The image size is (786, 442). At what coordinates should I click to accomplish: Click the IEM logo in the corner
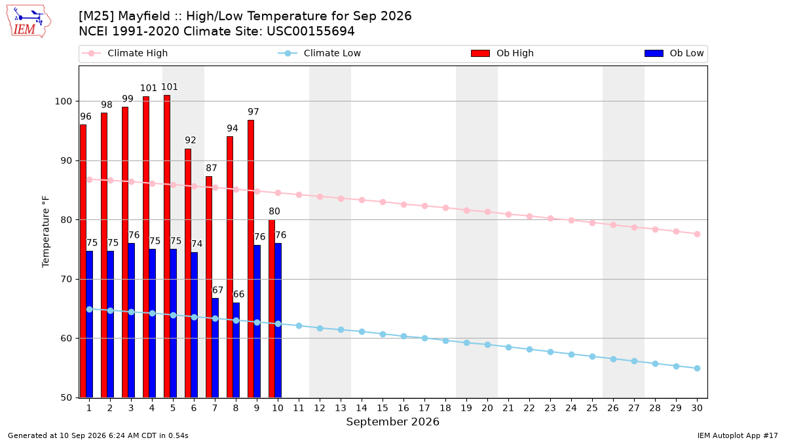[29, 22]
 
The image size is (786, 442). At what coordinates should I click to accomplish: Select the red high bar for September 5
[167, 246]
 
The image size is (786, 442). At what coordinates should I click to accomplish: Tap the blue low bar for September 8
[236, 350]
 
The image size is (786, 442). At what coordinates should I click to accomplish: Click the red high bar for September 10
[272, 308]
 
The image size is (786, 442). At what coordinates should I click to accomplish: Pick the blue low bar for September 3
[131, 320]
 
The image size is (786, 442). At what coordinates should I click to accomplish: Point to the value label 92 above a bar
[190, 140]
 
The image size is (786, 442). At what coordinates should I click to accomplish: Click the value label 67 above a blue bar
[217, 290]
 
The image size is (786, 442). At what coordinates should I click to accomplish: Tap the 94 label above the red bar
[233, 128]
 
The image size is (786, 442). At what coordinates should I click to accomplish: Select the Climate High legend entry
[124, 53]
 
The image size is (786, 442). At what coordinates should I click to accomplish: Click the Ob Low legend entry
[674, 53]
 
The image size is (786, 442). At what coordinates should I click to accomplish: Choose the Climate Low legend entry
[320, 53]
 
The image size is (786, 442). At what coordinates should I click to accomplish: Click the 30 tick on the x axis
[697, 408]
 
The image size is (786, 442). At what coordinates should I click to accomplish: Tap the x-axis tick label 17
[424, 408]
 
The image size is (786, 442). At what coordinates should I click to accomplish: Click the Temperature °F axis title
[46, 232]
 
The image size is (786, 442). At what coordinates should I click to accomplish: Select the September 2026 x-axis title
[392, 422]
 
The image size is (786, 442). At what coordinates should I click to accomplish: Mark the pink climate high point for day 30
[697, 234]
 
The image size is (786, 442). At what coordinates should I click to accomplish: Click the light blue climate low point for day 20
[487, 345]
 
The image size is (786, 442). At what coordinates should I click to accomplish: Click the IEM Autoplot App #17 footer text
[738, 435]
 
